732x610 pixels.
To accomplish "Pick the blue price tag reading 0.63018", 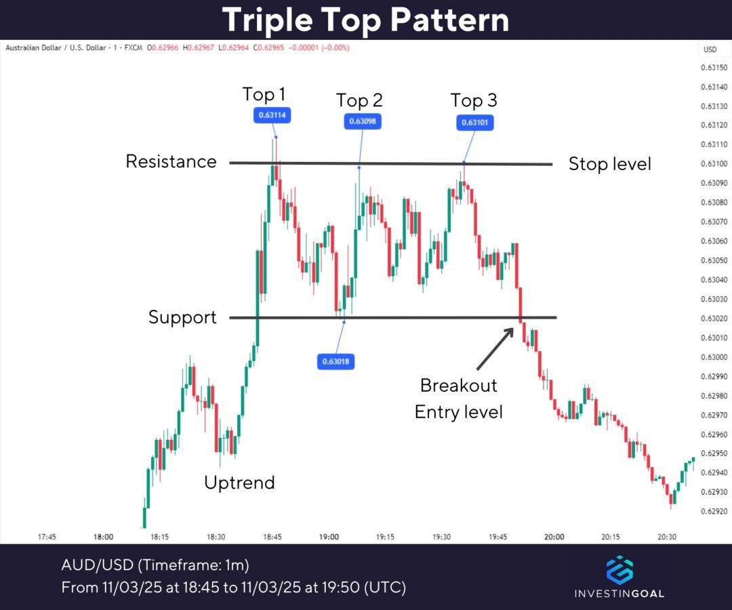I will pyautogui.click(x=335, y=361).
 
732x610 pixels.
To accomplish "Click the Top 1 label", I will pyautogui.click(x=264, y=94).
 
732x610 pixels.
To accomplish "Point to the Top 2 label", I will pyautogui.click(x=359, y=101).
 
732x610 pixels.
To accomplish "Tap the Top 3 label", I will pyautogui.click(x=474, y=101).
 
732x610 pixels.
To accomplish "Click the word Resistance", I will pyautogui.click(x=171, y=161).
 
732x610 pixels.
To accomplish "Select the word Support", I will pyautogui.click(x=182, y=317).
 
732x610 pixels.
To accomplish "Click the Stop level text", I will pyautogui.click(x=609, y=164).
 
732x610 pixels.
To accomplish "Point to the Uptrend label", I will pyautogui.click(x=239, y=483).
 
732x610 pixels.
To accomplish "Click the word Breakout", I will pyautogui.click(x=458, y=385).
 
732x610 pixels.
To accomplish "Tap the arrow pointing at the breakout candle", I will pyautogui.click(x=494, y=348).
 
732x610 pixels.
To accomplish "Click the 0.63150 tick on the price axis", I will pyautogui.click(x=713, y=68).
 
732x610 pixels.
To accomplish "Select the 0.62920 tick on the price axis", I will pyautogui.click(x=713, y=511).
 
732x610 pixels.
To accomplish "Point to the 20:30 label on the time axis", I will pyautogui.click(x=666, y=537).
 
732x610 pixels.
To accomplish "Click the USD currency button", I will pyautogui.click(x=710, y=49).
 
